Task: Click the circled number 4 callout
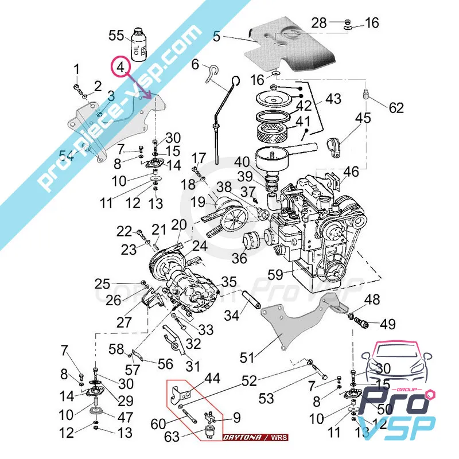tap(120, 68)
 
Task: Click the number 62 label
tap(396, 107)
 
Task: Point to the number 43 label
tap(333, 99)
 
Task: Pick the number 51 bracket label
tap(247, 357)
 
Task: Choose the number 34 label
tap(232, 315)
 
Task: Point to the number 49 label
tap(387, 324)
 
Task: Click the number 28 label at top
tap(319, 23)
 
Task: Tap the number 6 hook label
tap(195, 64)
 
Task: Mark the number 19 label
tap(198, 202)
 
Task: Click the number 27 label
tap(124, 322)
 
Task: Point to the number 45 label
tap(363, 119)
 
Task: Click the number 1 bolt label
tap(76, 70)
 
